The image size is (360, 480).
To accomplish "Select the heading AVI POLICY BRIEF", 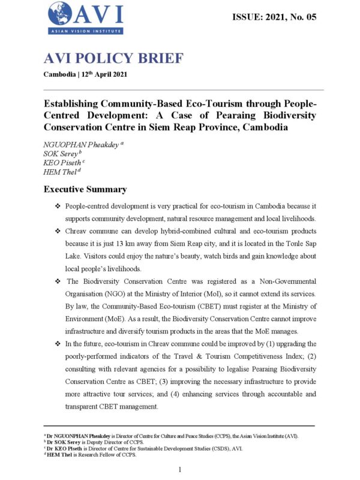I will pyautogui.click(x=114, y=59).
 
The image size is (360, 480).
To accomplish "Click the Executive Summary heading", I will pyautogui.click(x=85, y=190).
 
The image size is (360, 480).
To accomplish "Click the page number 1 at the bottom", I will pyautogui.click(x=180, y=468).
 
